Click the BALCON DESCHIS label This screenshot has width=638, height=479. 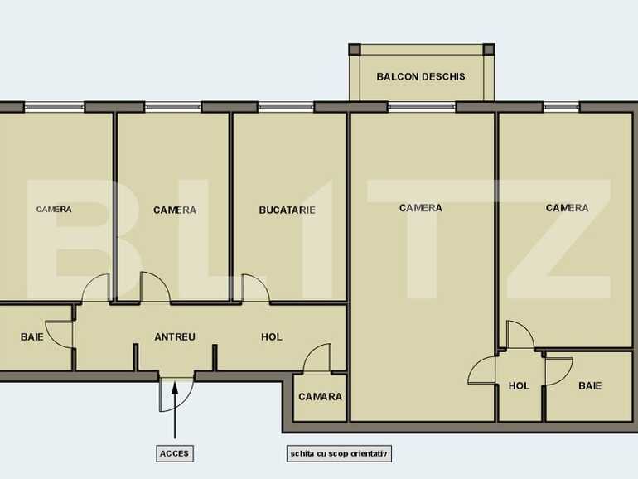420,77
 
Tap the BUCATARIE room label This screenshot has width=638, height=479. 287,210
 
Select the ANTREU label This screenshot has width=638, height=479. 175,337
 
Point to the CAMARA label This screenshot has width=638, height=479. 320,397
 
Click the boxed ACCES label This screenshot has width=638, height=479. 175,454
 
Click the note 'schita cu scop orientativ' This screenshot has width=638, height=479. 338,454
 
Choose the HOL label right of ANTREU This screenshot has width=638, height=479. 272,337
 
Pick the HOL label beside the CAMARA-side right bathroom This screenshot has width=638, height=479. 519,386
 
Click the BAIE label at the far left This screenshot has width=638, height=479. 32,337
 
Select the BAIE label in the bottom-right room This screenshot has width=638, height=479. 590,386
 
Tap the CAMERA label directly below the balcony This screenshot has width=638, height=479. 420,208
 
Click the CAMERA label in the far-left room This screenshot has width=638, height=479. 54,210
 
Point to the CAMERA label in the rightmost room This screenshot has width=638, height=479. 567,208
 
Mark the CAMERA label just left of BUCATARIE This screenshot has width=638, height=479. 175,210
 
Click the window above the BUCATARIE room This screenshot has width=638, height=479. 286,107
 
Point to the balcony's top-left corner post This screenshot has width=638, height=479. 355,49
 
